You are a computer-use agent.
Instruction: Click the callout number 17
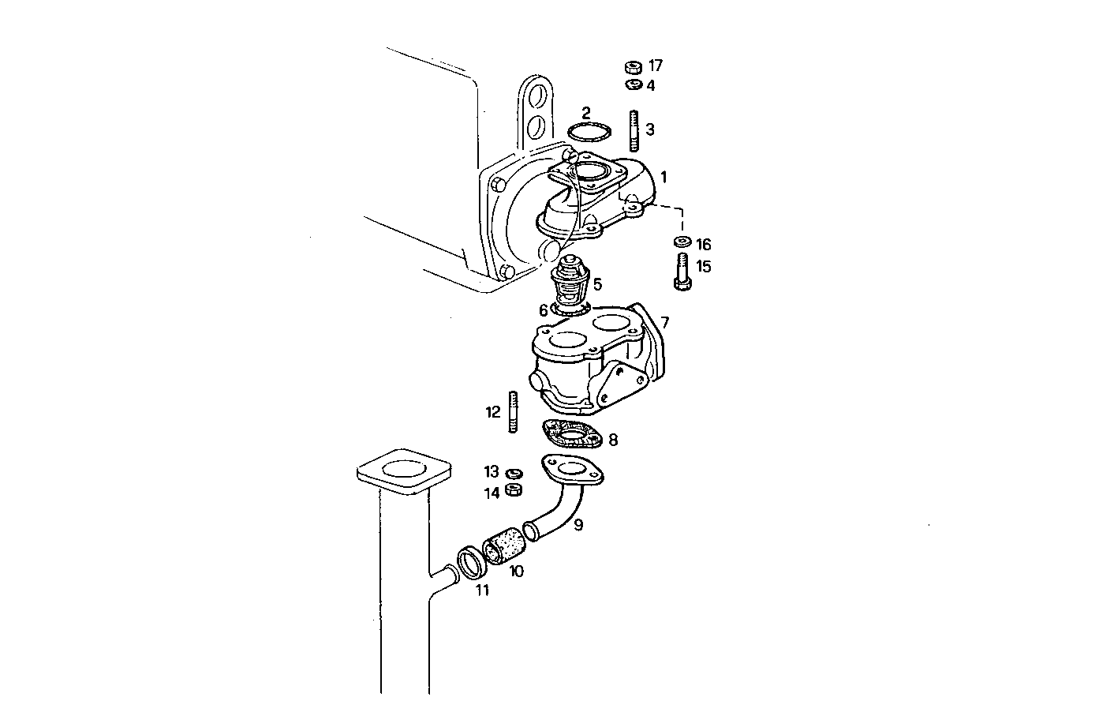coord(656,66)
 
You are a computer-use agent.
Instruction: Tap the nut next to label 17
coord(632,67)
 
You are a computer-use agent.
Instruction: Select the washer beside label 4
coord(632,84)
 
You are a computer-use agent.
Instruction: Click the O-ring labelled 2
coord(592,131)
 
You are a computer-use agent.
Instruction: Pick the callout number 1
coord(664,177)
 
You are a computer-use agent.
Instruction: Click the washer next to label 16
coord(680,241)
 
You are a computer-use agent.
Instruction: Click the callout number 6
coord(543,310)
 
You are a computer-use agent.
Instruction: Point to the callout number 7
coord(664,322)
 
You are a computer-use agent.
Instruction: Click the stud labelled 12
coord(513,411)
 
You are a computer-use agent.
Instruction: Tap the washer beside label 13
coord(513,473)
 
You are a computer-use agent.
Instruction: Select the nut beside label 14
coord(512,490)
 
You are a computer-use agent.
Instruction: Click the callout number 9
coord(578,524)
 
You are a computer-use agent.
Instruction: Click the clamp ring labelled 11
coord(471,563)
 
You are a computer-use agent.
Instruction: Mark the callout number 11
coord(482,590)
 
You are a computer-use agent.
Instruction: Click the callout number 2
coord(585,113)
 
